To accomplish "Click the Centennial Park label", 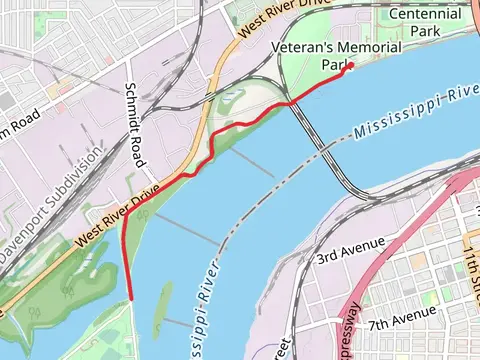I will click(425, 23).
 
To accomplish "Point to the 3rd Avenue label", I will click(351, 251).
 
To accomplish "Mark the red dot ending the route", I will click(350, 67).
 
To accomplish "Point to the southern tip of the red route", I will click(131, 297).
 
